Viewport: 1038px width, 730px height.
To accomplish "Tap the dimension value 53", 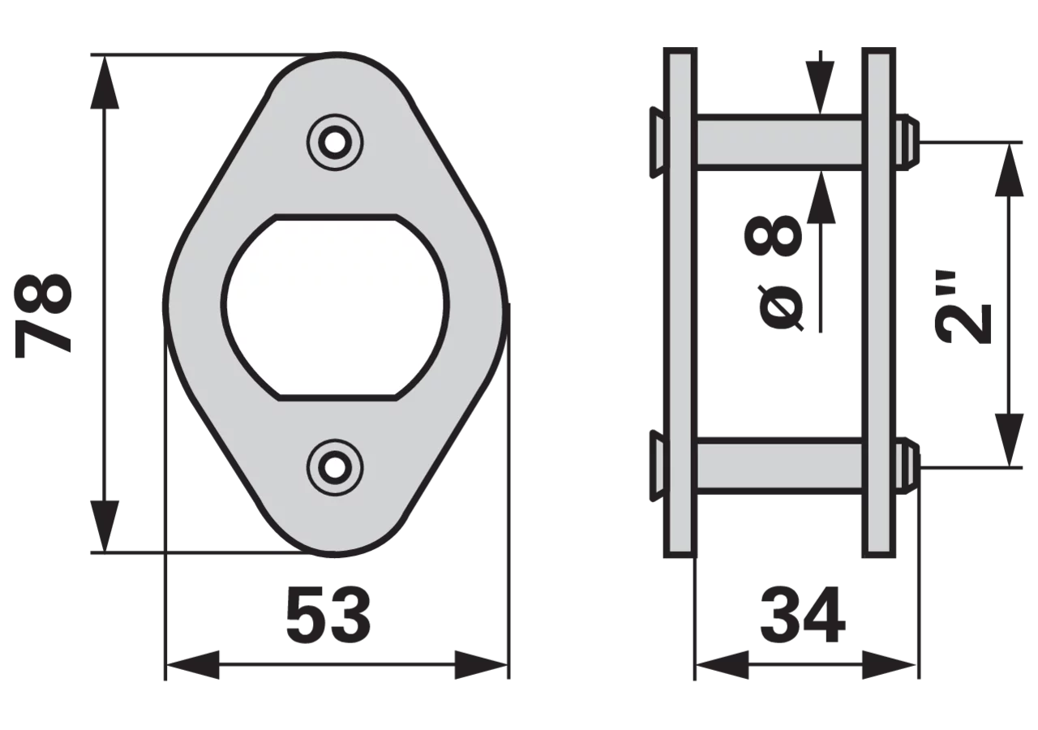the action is pos(328,615).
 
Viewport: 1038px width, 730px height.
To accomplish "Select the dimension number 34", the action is pos(803,615).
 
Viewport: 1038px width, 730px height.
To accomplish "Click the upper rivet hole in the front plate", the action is pos(335,143).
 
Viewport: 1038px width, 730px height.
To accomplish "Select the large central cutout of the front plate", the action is pos(336,307).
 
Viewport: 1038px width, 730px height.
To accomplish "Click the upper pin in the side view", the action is pos(779,143).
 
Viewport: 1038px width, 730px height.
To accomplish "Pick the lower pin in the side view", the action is pos(779,466).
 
